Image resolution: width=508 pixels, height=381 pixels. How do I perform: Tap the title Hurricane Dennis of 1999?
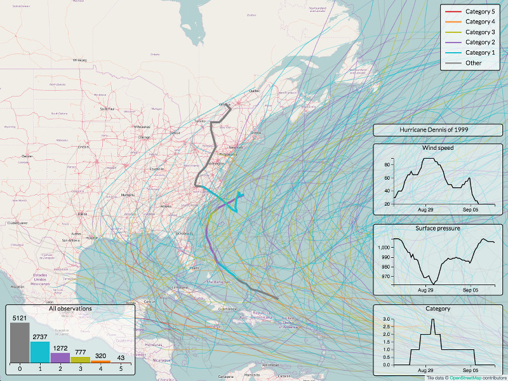(x=438, y=130)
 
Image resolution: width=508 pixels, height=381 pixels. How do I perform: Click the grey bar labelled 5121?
(x=20, y=342)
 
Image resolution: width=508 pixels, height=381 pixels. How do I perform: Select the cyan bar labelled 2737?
(x=40, y=352)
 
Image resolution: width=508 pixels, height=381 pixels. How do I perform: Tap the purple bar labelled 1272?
(x=60, y=358)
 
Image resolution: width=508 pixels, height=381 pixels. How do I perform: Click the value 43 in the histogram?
(x=121, y=357)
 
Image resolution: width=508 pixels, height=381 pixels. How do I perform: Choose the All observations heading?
(x=70, y=309)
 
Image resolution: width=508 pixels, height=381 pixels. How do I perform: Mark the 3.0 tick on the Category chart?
(x=386, y=319)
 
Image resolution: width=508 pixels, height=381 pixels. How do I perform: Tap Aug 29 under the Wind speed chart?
(x=426, y=209)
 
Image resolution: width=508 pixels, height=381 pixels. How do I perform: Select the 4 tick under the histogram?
(x=100, y=368)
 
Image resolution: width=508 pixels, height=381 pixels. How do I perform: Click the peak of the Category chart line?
(x=432, y=319)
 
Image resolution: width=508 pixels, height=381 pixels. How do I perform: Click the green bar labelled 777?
(x=80, y=359)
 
